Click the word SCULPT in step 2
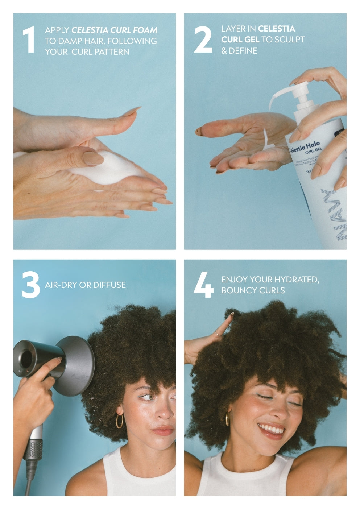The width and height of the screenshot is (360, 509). click(290, 40)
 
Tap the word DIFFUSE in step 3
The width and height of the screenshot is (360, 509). click(109, 285)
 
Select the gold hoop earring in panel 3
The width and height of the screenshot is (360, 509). click(119, 421)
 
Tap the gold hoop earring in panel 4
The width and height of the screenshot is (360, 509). click(227, 418)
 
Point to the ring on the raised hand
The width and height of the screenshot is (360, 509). click(217, 333)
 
